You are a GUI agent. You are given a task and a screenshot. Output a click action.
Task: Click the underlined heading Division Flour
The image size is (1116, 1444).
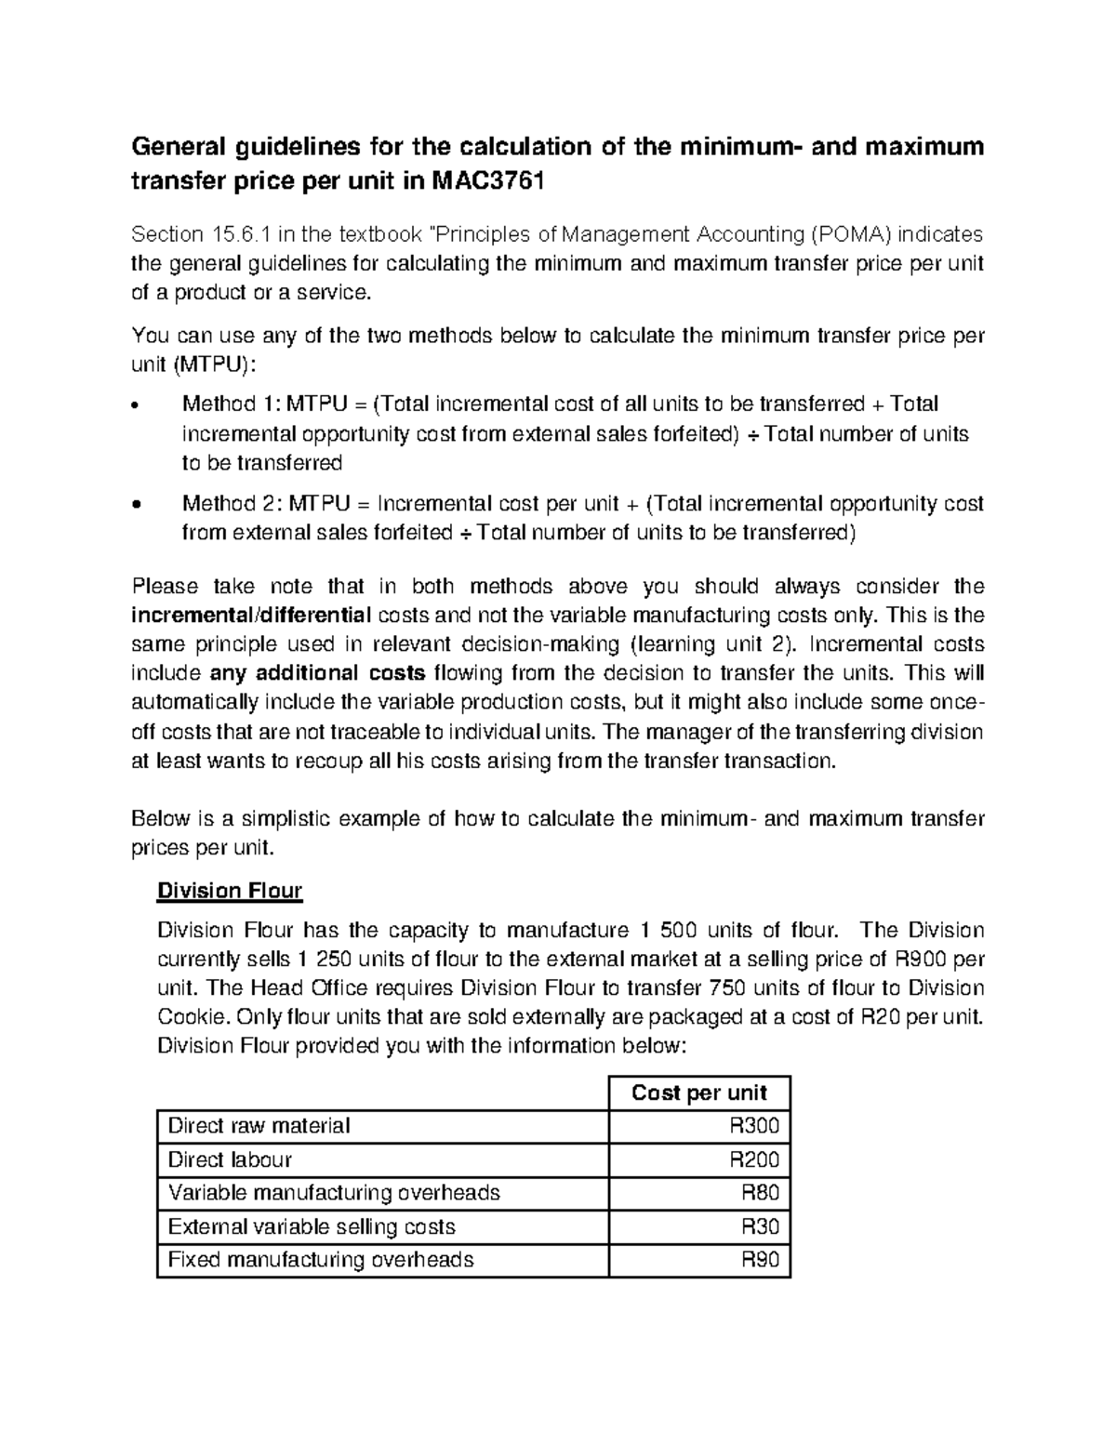[230, 891]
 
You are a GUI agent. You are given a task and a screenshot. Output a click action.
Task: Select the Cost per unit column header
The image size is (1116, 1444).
[698, 1093]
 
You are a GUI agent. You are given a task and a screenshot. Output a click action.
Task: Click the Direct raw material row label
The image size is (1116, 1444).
[259, 1126]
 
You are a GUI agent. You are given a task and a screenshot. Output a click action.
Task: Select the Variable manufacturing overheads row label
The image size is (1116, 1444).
[334, 1193]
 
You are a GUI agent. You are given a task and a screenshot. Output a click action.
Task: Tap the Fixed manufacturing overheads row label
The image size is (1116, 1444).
[321, 1260]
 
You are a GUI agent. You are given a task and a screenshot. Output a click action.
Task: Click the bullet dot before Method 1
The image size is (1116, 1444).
[138, 406]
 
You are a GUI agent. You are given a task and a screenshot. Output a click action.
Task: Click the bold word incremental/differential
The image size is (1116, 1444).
[251, 615]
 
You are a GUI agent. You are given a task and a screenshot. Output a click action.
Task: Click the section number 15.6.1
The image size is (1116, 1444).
[228, 234]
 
